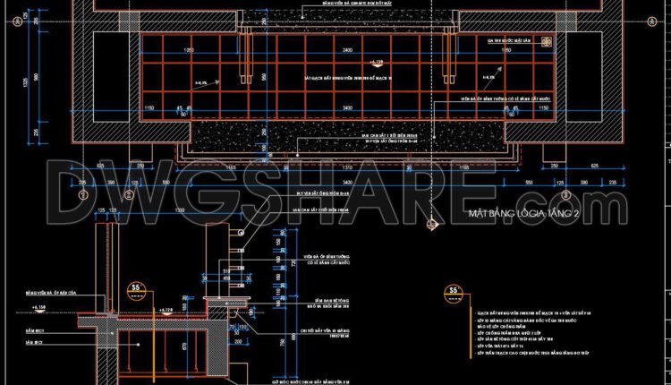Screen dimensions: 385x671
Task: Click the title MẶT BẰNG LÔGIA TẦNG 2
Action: pyautogui.click(x=524, y=212)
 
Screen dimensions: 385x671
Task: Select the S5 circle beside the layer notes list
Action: pyautogui.click(x=454, y=291)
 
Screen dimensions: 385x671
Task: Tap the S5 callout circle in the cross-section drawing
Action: pyautogui.click(x=137, y=288)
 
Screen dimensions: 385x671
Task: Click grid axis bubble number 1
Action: pyautogui.click(x=82, y=193)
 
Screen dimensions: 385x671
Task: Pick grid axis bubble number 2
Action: pyautogui.click(x=129, y=193)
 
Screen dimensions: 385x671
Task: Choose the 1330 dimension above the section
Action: pyautogui.click(x=180, y=209)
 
